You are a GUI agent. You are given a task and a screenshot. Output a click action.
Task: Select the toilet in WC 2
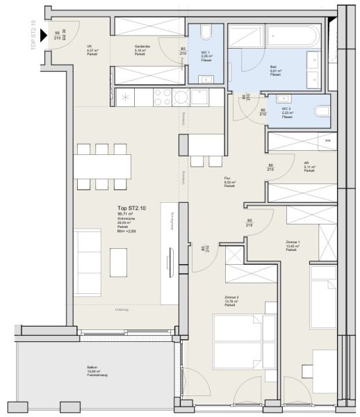(320, 112)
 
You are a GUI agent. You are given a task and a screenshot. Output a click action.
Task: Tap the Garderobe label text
(143, 47)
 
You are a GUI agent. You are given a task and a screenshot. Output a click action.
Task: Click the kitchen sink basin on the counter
(199, 97)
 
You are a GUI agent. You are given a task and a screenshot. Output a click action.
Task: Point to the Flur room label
(230, 181)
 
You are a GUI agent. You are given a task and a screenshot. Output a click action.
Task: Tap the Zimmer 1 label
(293, 245)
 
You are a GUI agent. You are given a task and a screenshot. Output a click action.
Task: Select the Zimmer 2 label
(231, 299)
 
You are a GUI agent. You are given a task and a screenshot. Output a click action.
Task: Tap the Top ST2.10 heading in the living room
(133, 208)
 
